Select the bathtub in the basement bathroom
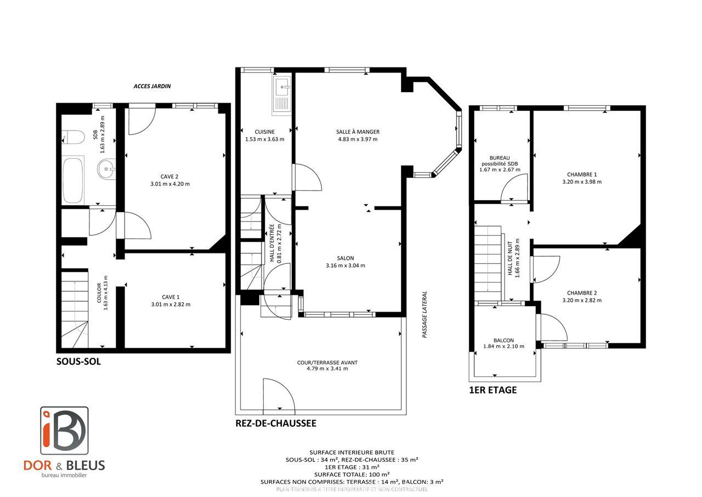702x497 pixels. [x=73, y=180]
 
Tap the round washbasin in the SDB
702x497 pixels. [x=106, y=170]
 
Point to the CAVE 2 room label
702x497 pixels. [x=169, y=177]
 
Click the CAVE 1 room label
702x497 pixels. [x=170, y=297]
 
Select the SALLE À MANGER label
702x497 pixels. [x=358, y=132]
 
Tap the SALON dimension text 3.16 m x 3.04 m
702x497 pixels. [x=346, y=266]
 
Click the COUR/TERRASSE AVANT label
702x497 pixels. [x=327, y=363]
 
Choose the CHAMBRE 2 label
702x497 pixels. [x=582, y=293]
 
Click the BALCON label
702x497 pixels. [x=503, y=340]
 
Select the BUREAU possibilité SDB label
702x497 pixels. [x=500, y=163]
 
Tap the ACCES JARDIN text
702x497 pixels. [x=152, y=86]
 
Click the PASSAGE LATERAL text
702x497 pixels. [x=424, y=314]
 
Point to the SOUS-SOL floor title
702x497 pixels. [x=78, y=362]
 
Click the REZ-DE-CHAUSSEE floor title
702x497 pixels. [x=275, y=423]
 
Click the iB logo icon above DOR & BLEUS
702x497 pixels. [x=64, y=430]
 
